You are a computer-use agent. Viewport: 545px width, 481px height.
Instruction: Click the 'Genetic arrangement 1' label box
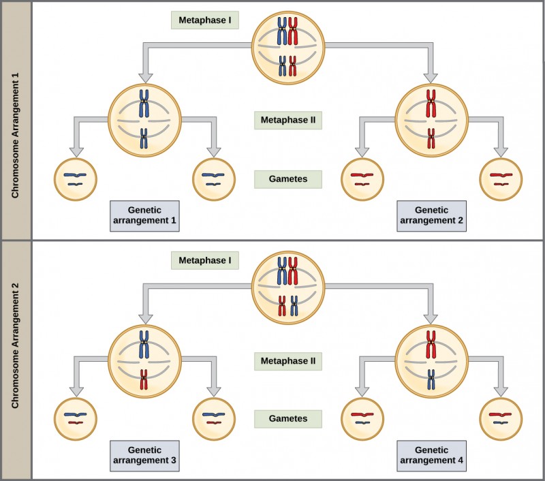144,215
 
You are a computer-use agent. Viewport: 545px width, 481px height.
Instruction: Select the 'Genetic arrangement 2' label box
431,215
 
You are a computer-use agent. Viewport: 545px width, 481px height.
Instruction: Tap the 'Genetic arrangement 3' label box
144,455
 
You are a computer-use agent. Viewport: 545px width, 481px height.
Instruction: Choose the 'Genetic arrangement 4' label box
431,455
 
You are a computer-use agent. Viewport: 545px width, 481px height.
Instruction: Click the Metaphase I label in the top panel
204,20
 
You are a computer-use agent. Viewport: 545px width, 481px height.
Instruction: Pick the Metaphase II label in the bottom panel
288,360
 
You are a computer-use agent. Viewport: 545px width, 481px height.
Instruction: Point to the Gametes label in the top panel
287,180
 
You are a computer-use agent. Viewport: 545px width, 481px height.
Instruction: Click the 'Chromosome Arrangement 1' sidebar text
15,121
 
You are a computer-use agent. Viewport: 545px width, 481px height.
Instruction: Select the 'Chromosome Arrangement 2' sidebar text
15,360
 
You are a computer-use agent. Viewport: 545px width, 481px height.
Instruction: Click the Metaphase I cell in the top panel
287,48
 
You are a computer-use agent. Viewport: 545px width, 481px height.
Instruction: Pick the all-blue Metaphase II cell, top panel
144,121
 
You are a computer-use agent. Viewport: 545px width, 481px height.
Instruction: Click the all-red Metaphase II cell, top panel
431,121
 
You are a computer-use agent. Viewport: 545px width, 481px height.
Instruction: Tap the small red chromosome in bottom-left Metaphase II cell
144,379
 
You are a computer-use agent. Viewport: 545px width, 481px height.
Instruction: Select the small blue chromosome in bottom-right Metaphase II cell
431,379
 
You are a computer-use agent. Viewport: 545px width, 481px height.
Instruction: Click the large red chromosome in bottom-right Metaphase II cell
431,344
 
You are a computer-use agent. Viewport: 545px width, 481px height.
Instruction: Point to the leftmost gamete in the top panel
75,179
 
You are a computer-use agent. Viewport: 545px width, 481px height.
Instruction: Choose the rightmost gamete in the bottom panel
501,418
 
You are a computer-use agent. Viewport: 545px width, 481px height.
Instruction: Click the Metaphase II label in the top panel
288,121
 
